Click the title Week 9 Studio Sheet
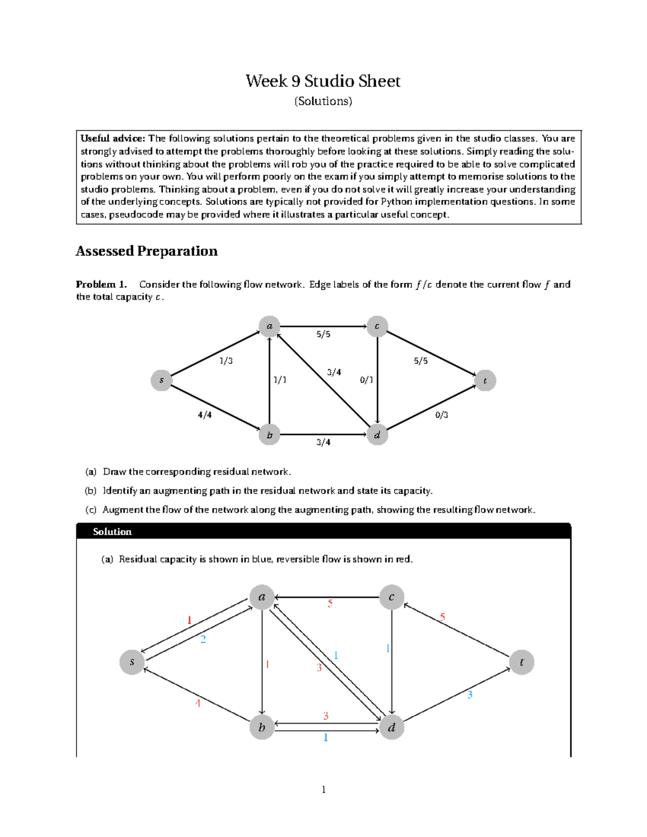coord(323,81)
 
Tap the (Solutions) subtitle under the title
coord(323,101)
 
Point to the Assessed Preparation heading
coord(147,251)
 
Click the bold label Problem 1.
coord(101,285)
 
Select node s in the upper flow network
coord(161,381)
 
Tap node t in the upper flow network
coord(485,381)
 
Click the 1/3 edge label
coord(226,361)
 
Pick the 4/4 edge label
coord(204,415)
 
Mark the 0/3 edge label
coord(442,415)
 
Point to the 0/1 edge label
coord(366,380)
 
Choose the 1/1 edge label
coord(280,380)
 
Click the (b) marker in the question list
coord(90,491)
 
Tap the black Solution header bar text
coord(112,532)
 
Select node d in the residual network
coord(392,728)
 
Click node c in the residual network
coord(392,597)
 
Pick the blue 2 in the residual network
coord(203,640)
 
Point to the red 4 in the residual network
coord(198,703)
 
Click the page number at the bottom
coord(323,790)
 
